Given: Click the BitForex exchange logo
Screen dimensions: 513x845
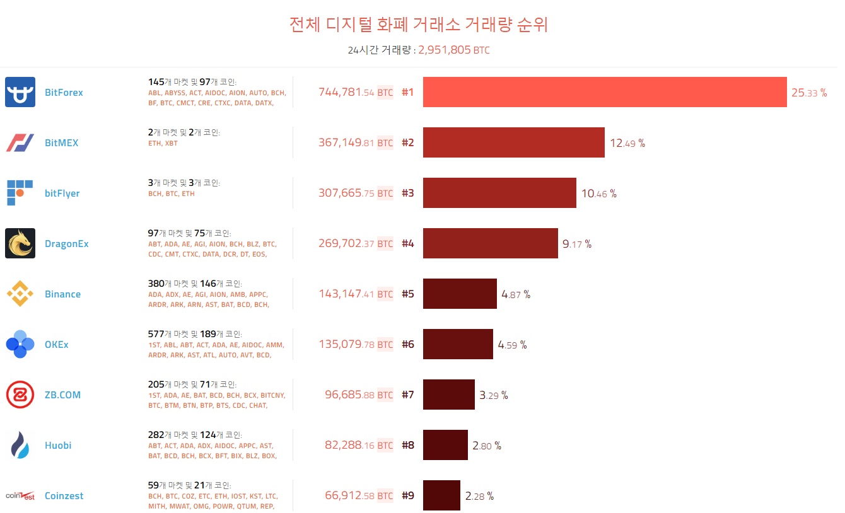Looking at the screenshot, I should (x=20, y=92).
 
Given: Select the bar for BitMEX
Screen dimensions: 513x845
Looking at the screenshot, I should (x=513, y=142).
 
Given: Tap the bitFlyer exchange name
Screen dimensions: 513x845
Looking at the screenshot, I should (x=62, y=193).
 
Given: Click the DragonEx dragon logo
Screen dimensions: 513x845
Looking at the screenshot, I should (x=20, y=243).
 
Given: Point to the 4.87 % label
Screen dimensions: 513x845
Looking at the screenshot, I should (x=516, y=294).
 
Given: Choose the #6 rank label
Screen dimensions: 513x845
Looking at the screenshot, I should (x=408, y=345).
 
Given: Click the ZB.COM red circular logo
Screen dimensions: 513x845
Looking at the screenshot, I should (x=20, y=395).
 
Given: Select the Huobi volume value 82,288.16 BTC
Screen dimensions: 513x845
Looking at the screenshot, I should (x=359, y=446).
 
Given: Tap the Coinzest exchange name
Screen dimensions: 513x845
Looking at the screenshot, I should (x=64, y=496).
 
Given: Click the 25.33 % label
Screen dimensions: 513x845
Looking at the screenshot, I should (x=809, y=93).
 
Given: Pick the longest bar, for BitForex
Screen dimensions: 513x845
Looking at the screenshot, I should (x=604, y=92).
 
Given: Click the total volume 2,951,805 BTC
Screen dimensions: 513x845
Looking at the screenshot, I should (x=454, y=50).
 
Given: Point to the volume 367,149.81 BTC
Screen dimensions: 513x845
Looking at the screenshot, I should (x=356, y=143).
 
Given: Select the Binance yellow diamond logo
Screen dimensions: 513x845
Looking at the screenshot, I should (x=20, y=294).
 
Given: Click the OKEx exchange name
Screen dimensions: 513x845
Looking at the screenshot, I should (x=57, y=345).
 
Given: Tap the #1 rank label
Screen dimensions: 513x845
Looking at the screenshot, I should (x=408, y=93).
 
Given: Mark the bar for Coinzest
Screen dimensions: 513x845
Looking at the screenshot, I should (x=441, y=495).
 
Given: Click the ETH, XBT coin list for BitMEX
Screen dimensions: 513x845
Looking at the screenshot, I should (x=163, y=144).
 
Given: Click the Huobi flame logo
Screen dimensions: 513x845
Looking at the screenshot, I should (x=20, y=445).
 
